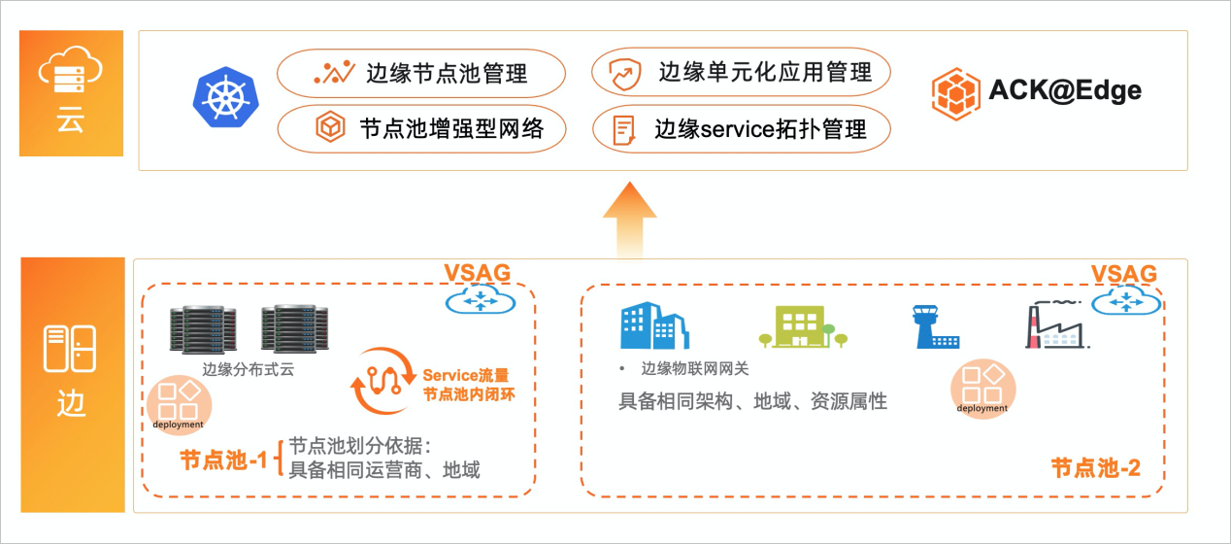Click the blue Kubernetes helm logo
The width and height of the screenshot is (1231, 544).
pos(225,98)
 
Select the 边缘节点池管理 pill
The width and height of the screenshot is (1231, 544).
pos(421,73)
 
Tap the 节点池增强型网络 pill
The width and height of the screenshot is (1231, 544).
pos(421,128)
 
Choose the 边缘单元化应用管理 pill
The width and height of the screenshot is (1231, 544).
pos(741,72)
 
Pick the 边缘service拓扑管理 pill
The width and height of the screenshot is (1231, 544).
pos(742,129)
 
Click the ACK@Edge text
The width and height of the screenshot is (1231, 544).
pos(1065,90)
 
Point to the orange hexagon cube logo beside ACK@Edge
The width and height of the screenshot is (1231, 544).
pos(955,93)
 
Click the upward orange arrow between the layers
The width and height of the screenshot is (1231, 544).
pos(630,220)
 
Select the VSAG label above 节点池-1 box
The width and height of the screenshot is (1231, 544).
pos(477,273)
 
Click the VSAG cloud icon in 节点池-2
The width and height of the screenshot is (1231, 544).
pos(1126,302)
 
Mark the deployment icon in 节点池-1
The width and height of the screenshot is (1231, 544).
pos(180,405)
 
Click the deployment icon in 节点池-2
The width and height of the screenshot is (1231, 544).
pos(983,389)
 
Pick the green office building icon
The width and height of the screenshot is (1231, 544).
pos(803,326)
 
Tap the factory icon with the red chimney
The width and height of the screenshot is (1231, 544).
pos(1056,325)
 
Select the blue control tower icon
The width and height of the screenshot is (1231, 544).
pos(936,327)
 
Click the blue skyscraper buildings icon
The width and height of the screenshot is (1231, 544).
pos(654,325)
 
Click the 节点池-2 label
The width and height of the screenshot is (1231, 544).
pos(1096,468)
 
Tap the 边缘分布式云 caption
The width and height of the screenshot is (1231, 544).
pos(249,369)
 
